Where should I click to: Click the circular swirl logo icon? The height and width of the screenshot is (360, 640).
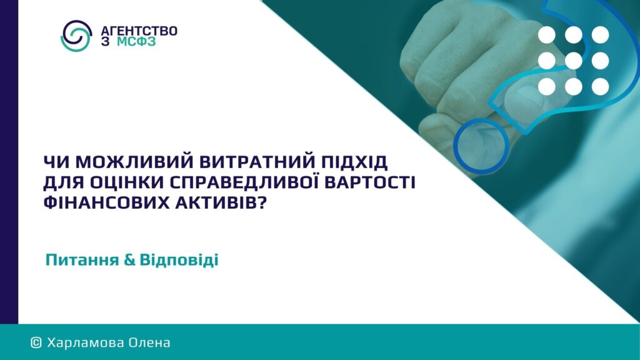click(x=76, y=36)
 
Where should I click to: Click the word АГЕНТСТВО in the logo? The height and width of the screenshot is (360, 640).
click(x=139, y=31)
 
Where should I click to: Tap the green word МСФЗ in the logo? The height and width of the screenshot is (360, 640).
click(x=136, y=42)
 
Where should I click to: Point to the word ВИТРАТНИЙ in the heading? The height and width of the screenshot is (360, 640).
click(x=257, y=162)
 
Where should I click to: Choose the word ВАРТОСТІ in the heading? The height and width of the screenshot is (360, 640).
click(x=369, y=182)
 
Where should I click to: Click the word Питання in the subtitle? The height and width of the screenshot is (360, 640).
click(x=82, y=260)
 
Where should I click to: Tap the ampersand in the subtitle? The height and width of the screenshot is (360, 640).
click(x=129, y=260)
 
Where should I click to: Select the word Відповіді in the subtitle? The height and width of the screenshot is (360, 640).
click(x=179, y=260)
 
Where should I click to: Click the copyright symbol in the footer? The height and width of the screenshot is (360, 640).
click(x=36, y=342)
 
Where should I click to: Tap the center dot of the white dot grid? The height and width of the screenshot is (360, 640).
click(x=574, y=61)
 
